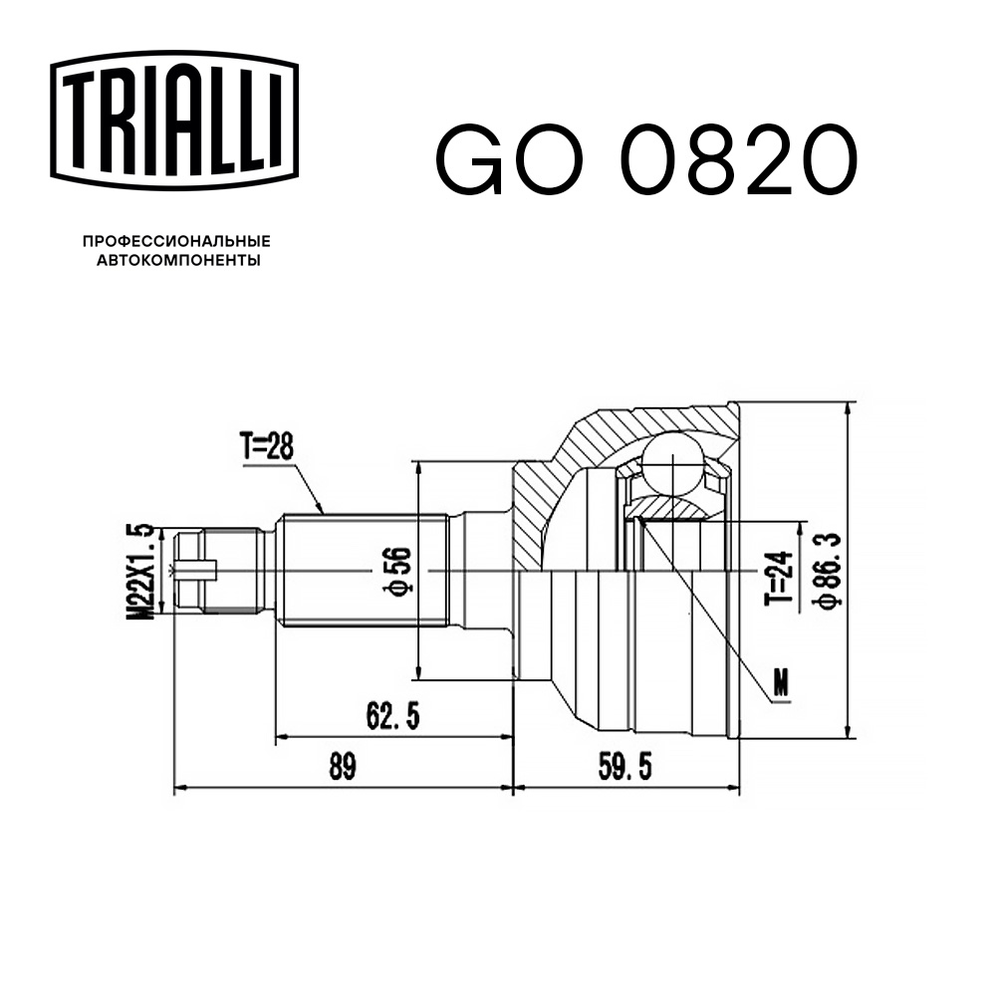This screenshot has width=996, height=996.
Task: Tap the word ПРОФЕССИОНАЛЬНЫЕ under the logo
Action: coord(176,242)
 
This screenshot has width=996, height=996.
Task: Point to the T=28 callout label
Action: coord(266,447)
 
